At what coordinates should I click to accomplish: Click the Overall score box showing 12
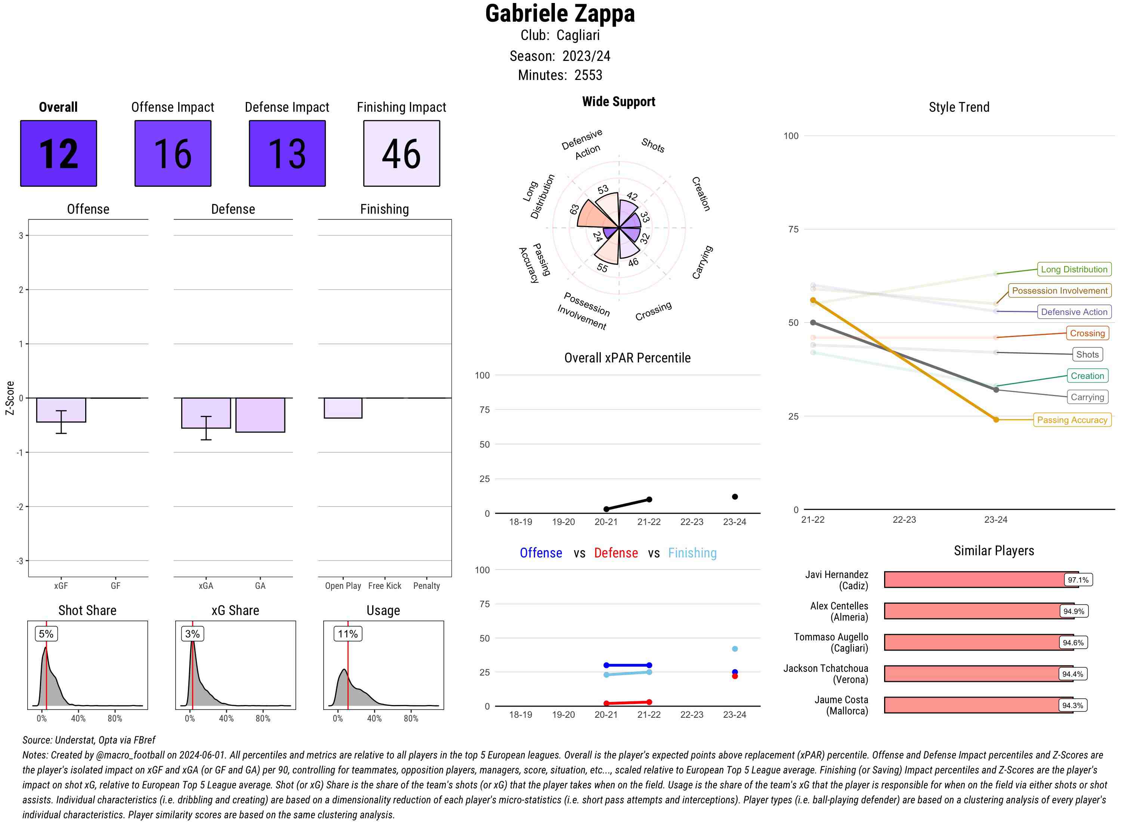pos(59,153)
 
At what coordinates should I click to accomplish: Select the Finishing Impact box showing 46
pos(402,153)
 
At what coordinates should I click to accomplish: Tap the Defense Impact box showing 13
pos(287,153)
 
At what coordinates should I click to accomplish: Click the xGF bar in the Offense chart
pos(61,410)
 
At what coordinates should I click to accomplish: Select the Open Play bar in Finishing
pos(343,408)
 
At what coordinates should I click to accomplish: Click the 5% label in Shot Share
pos(46,633)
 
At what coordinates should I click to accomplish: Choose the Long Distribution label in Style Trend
pos(1074,269)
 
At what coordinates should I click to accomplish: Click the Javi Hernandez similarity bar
pos(980,580)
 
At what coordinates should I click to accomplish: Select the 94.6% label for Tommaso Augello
pos(1073,642)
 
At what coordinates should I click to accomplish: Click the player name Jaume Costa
pos(841,699)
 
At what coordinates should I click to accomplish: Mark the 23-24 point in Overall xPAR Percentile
pos(734,497)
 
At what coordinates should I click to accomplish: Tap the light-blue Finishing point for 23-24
pos(734,649)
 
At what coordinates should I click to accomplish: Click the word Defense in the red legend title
pos(615,553)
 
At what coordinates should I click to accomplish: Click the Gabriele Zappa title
pos(560,13)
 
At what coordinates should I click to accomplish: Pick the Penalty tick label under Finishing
pos(426,585)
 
